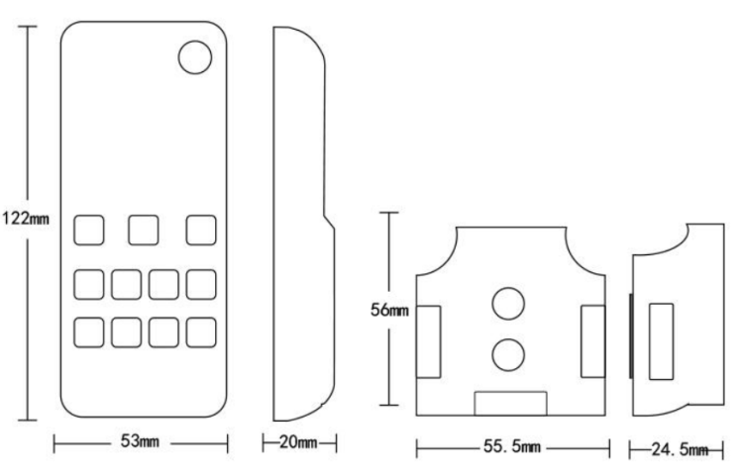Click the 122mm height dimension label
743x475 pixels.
click(26, 219)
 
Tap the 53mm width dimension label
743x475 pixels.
click(140, 441)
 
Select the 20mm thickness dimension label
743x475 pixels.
click(298, 442)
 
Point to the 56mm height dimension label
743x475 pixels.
click(389, 310)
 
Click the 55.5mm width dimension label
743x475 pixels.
click(512, 446)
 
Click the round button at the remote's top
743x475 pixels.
click(195, 57)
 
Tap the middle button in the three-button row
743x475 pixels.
click(144, 230)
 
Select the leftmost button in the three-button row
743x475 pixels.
click(88, 230)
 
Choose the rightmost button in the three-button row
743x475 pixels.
click(201, 230)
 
